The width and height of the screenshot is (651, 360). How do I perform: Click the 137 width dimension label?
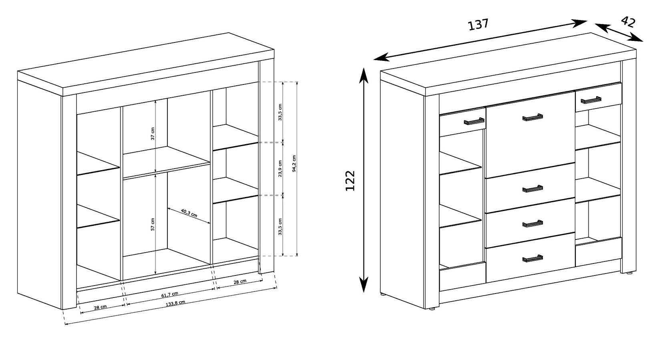click(478, 25)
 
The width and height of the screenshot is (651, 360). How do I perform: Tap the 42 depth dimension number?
click(628, 22)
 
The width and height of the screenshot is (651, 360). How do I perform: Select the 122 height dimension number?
click(350, 181)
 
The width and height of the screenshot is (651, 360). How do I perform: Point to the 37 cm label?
click(153, 133)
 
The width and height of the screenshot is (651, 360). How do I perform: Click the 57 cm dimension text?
click(153, 224)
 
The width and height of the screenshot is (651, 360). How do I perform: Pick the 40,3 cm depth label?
click(189, 213)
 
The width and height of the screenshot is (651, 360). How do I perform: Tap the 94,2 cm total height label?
click(294, 164)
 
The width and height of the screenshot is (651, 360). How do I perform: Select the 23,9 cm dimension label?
click(280, 169)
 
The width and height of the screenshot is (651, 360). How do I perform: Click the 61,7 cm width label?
click(170, 295)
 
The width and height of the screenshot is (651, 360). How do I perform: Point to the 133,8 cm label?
click(175, 303)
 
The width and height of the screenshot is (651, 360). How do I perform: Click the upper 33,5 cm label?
click(280, 112)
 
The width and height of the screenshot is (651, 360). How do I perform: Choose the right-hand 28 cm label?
click(240, 282)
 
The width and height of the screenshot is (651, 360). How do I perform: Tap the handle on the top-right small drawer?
click(591, 100)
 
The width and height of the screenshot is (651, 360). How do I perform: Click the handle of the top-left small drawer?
click(474, 121)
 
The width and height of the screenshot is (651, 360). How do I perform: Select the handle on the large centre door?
click(532, 117)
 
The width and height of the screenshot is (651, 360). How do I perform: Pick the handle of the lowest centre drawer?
click(532, 258)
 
